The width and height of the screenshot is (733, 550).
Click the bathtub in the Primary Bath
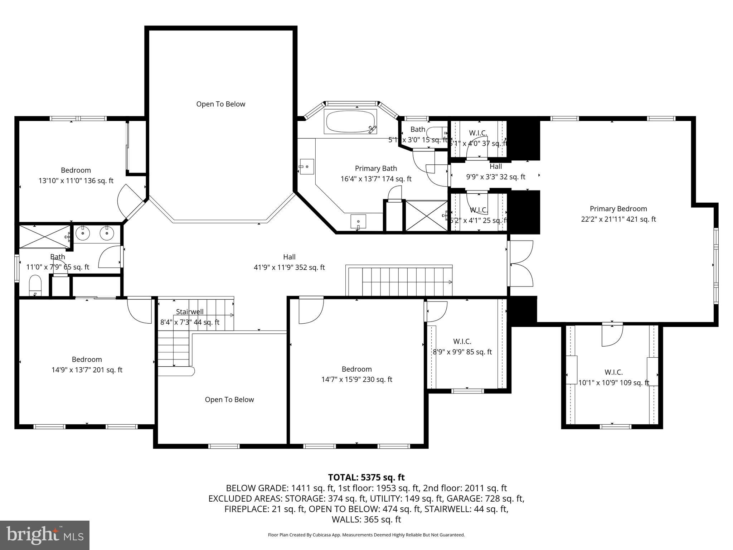tap(350, 121)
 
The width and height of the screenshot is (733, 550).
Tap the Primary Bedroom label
tap(618, 209)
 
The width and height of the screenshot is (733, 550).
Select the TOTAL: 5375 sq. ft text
tap(366, 477)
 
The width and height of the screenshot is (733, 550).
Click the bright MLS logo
tap(45, 535)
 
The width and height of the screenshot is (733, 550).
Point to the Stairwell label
tap(190, 312)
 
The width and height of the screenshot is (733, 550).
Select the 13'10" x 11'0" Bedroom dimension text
tap(76, 181)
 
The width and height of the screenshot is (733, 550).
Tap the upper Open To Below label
tap(220, 104)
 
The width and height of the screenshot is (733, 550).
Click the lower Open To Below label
tap(229, 400)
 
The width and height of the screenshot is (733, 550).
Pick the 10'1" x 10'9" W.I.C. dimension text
tap(613, 383)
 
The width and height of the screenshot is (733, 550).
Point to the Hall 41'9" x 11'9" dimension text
tap(289, 267)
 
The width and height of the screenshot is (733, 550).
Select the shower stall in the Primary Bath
tap(426, 216)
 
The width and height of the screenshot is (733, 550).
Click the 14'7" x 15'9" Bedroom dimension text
tap(356, 380)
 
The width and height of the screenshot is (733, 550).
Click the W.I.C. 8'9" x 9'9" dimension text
tap(462, 352)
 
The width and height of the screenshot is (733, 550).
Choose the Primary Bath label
tap(376, 168)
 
